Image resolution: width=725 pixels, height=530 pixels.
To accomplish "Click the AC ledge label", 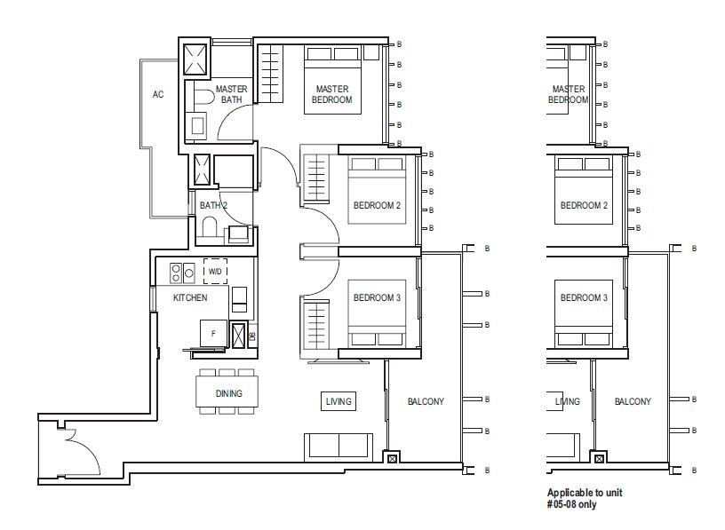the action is pyautogui.click(x=158, y=95).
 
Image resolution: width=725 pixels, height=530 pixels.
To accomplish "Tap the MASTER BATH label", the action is pyautogui.click(x=231, y=94).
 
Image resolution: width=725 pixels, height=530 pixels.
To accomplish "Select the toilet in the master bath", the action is pyautogui.click(x=203, y=97).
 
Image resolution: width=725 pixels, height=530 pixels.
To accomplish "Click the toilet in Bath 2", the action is pyautogui.click(x=210, y=227).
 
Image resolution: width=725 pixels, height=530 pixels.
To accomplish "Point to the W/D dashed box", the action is pyautogui.click(x=215, y=272).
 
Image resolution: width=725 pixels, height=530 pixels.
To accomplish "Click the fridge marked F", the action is pyautogui.click(x=213, y=333).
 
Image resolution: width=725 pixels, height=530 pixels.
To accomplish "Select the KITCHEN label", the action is pyautogui.click(x=190, y=297).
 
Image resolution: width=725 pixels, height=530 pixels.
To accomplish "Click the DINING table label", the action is pyautogui.click(x=229, y=393).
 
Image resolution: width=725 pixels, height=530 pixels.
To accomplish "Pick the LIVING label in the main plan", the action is pyautogui.click(x=339, y=401).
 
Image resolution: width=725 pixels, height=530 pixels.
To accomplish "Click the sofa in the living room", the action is pyautogui.click(x=339, y=447).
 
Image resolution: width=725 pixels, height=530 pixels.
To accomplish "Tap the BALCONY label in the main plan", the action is pyautogui.click(x=426, y=401).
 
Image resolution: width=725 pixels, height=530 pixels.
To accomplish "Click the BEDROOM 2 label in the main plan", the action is pyautogui.click(x=377, y=205).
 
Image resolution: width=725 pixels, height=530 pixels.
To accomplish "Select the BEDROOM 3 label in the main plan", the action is pyautogui.click(x=377, y=297).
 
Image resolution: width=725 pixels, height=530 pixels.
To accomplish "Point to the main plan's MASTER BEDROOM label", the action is pyautogui.click(x=332, y=94).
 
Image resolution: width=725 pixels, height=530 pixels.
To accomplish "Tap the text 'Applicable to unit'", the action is pyautogui.click(x=585, y=493).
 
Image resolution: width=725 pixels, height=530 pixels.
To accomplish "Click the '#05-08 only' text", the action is pyautogui.click(x=571, y=504).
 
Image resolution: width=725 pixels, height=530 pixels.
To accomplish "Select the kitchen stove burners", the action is pyautogui.click(x=182, y=273).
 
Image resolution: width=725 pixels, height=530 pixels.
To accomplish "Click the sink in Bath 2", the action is pyautogui.click(x=239, y=233).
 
